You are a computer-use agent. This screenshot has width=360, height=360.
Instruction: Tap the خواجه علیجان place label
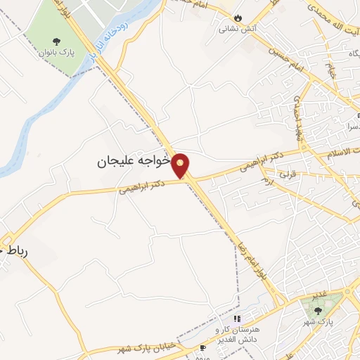[x=134, y=161]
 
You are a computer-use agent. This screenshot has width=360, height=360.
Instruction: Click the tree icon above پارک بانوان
[x=67, y=40]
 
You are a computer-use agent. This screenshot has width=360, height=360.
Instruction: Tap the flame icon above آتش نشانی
[x=238, y=18]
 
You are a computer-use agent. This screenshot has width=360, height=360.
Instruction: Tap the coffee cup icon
[x=203, y=347]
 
